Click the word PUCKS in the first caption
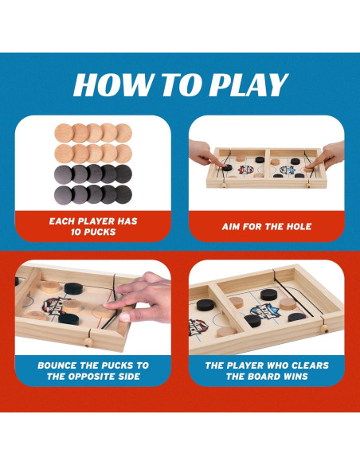102,232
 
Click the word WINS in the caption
293,376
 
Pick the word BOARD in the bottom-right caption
256,376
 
